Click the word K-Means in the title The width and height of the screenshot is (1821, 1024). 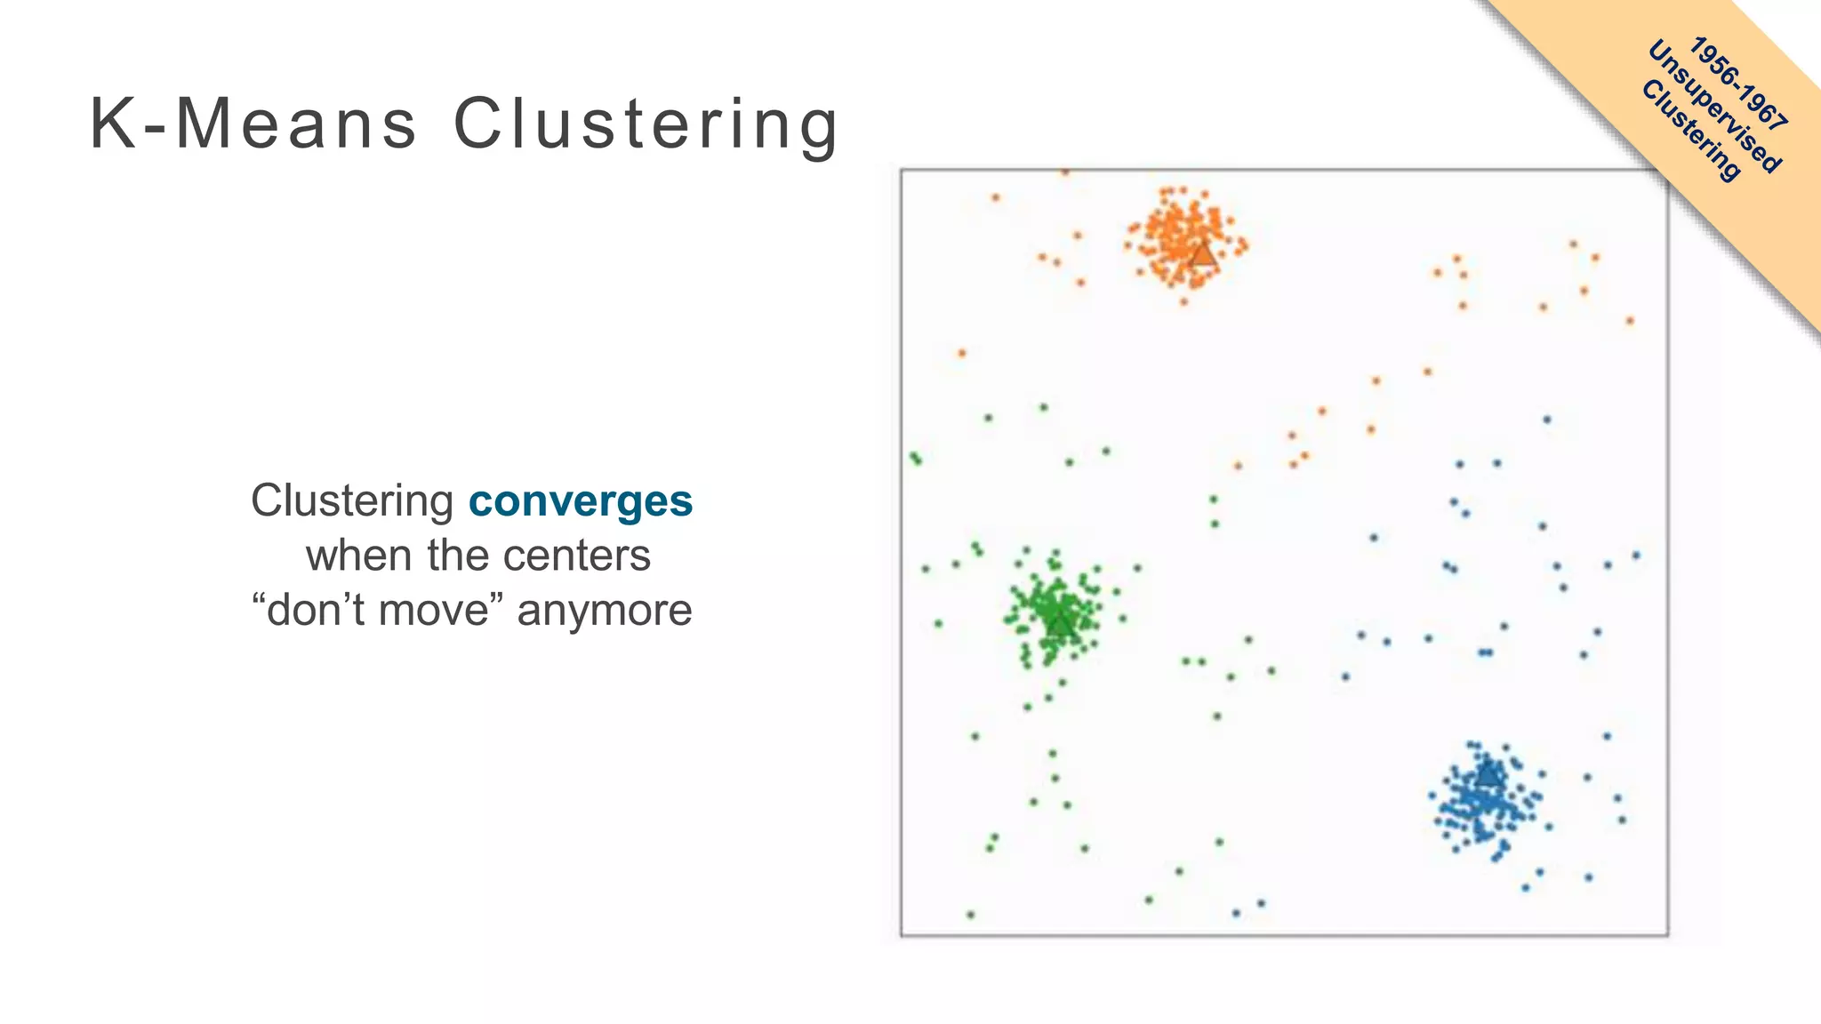(x=253, y=124)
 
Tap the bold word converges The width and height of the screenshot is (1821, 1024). (x=580, y=500)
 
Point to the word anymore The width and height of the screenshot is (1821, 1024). (x=605, y=611)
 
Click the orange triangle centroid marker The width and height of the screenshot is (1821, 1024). (x=1203, y=254)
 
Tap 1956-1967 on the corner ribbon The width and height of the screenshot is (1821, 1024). (x=1738, y=84)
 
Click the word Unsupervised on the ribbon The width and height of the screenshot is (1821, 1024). (x=1714, y=107)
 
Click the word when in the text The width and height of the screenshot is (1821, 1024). (x=359, y=556)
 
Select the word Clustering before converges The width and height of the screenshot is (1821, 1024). (x=352, y=500)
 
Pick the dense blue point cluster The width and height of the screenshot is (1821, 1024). (x=1480, y=800)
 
